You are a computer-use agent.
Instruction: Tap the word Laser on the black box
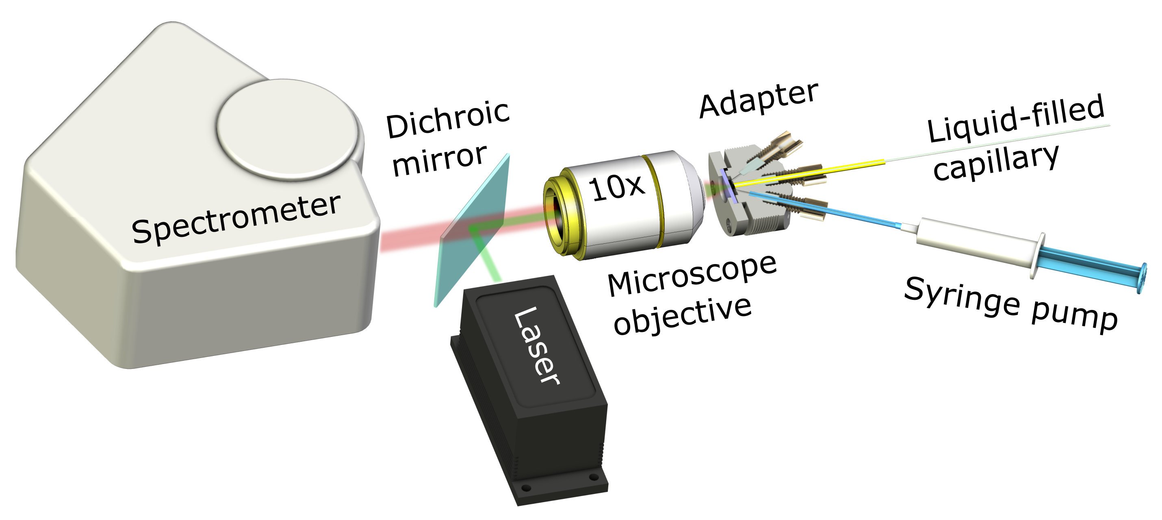click(x=537, y=345)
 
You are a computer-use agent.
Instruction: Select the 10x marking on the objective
click(x=617, y=187)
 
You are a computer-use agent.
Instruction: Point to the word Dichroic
click(x=447, y=119)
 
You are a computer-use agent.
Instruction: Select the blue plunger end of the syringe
click(x=1101, y=273)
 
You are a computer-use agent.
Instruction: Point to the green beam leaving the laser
click(x=490, y=262)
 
